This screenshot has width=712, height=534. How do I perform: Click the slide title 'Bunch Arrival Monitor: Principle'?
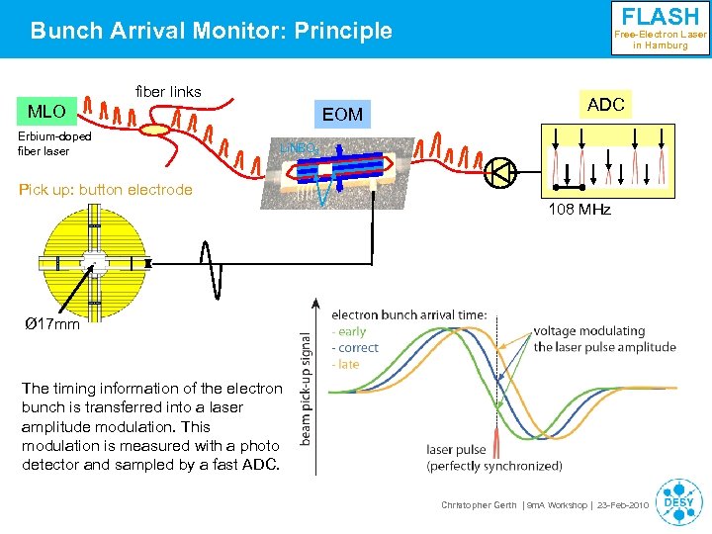[x=211, y=32]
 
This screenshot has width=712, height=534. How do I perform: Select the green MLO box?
[x=46, y=111]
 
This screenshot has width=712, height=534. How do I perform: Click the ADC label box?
[x=605, y=105]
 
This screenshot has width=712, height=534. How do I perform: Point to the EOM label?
[x=342, y=115]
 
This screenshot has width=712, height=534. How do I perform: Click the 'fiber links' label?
[x=167, y=92]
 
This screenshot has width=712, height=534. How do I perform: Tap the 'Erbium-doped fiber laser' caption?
[x=55, y=143]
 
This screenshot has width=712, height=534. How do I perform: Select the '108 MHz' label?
[x=579, y=210]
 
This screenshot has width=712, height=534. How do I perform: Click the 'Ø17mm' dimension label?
[x=52, y=323]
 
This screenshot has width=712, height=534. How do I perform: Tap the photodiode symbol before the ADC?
[x=499, y=172]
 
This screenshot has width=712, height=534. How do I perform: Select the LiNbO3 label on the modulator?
[x=296, y=147]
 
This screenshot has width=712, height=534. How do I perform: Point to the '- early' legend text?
[x=349, y=332]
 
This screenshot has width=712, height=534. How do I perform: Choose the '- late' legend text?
[x=345, y=364]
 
